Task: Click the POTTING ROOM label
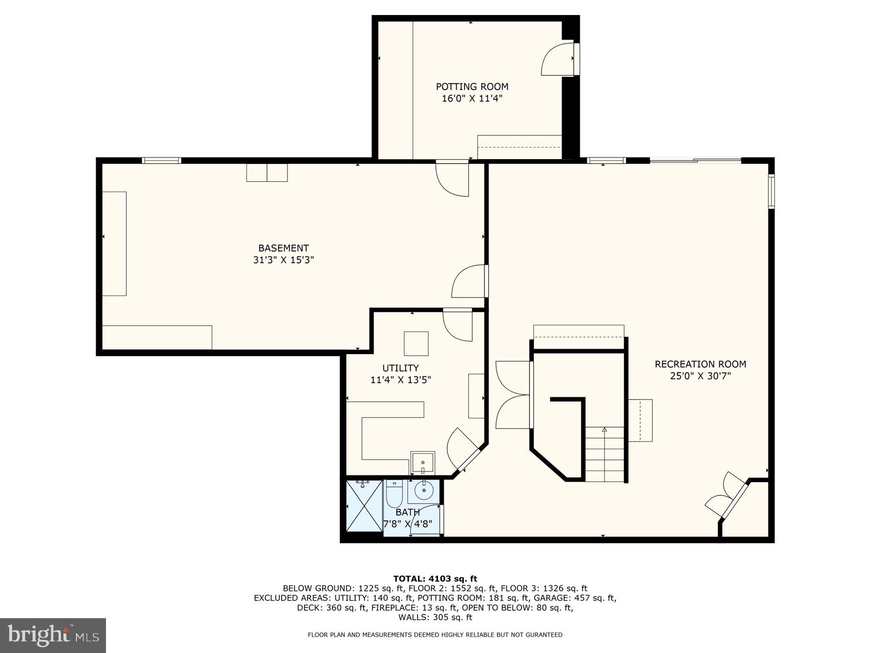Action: click(x=472, y=87)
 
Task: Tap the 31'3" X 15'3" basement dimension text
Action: click(x=283, y=260)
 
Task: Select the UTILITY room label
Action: click(x=400, y=368)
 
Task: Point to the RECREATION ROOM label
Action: click(x=700, y=364)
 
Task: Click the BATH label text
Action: click(x=407, y=512)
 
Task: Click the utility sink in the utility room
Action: click(x=422, y=462)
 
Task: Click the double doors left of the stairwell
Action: click(x=513, y=394)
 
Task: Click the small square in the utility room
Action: click(x=416, y=343)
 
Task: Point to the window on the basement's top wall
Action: click(x=162, y=161)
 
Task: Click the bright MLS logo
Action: click(x=53, y=635)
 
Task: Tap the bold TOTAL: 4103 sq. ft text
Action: click(x=435, y=579)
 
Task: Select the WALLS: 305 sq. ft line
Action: click(x=435, y=617)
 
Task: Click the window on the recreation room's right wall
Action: click(x=771, y=192)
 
